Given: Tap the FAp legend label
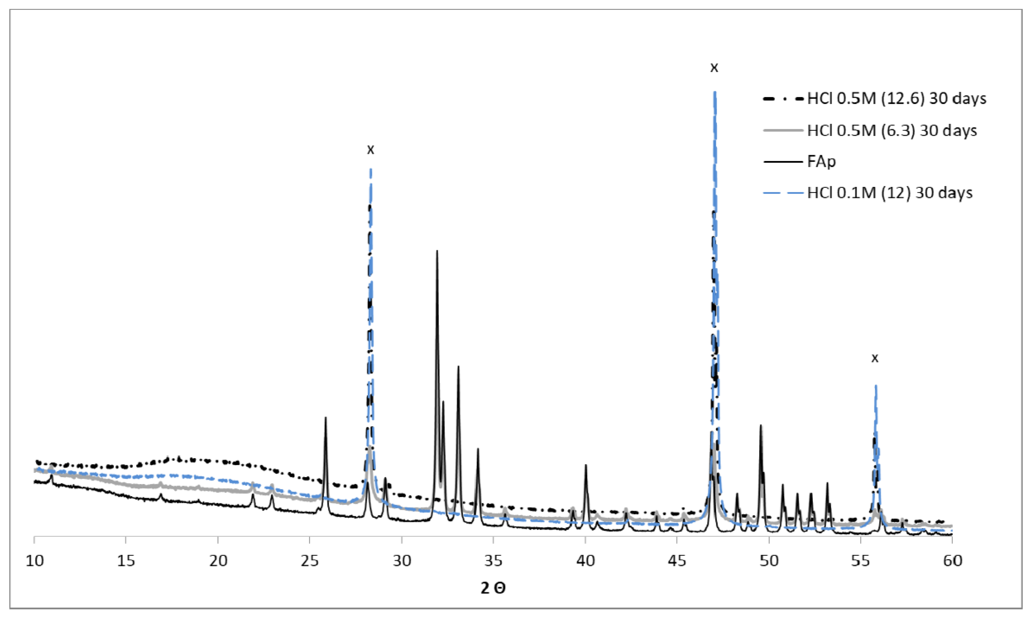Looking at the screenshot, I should tap(821, 161).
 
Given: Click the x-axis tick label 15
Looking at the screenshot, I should tap(126, 561).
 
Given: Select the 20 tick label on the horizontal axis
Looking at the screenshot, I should tap(218, 561).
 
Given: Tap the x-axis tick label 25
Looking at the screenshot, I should tap(310, 561).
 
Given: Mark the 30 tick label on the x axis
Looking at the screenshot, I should tap(402, 561).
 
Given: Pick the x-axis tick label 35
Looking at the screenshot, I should tap(493, 561).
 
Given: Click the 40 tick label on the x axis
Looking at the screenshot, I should tap(585, 561).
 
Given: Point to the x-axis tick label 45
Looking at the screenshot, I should tap(677, 561).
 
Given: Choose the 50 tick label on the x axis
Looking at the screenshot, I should tap(769, 561).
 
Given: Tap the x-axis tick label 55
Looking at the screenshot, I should tap(861, 561).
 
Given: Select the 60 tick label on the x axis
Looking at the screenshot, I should tap(953, 561).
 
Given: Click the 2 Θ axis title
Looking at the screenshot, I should tap(493, 588).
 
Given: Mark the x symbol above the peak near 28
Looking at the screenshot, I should tap(370, 150).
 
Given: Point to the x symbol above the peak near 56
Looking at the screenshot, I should tap(875, 358).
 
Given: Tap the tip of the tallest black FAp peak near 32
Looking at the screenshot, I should tap(437, 251).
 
